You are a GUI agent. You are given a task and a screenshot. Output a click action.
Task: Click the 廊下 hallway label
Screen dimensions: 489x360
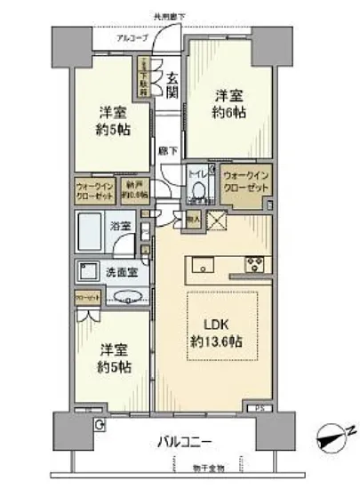164,151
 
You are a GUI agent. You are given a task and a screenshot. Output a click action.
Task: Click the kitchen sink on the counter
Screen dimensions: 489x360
200,262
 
